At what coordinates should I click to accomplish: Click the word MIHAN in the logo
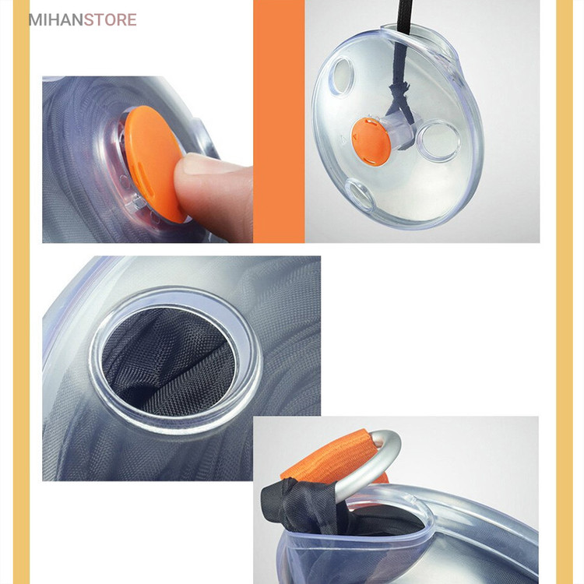click(x=56, y=19)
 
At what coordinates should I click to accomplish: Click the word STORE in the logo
click(x=111, y=19)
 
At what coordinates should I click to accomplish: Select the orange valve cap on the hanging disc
click(x=371, y=141)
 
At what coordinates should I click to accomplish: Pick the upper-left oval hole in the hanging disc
click(x=341, y=76)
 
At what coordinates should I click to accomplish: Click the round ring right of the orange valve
click(x=438, y=141)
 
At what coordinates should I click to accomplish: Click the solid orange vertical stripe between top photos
click(x=279, y=121)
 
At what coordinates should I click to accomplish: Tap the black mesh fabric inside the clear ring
click(x=168, y=361)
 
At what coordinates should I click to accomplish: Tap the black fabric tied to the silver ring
click(x=299, y=503)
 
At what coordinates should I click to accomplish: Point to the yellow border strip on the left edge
click(x=21, y=292)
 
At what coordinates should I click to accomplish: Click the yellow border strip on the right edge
click(x=565, y=292)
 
